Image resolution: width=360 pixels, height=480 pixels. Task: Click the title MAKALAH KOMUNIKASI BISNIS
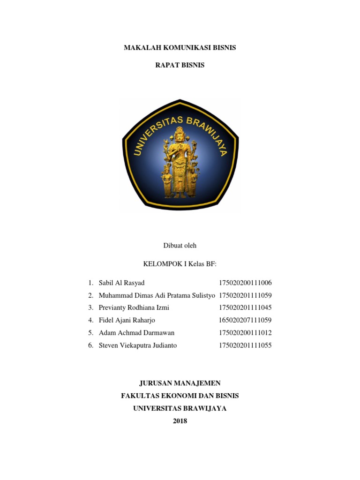[180, 47]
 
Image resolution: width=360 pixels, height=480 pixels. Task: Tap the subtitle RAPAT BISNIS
[180, 65]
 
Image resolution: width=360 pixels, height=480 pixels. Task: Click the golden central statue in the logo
[180, 159]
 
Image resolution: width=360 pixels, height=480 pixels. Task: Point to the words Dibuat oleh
[180, 246]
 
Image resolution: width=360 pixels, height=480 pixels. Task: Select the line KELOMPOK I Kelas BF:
[180, 264]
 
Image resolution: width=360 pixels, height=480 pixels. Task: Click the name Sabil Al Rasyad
[122, 283]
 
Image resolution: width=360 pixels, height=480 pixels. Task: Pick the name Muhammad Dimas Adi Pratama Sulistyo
[157, 295]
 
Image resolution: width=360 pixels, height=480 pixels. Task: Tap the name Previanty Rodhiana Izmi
[134, 308]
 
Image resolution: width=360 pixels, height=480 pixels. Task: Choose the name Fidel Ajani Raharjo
[127, 321]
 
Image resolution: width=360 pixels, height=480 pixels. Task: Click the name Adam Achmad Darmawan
[137, 333]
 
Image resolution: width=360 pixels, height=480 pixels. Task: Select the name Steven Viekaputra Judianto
[138, 345]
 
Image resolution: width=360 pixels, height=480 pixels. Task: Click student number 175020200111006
[245, 283]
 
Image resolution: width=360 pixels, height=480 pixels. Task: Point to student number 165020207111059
[245, 321]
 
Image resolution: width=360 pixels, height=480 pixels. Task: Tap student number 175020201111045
[245, 308]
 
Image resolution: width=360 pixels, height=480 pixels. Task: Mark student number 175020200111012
[245, 333]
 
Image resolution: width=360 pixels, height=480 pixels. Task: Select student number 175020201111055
[245, 345]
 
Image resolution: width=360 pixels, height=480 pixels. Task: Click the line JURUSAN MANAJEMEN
[180, 383]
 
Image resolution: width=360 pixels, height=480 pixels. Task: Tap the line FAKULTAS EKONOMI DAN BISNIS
[180, 396]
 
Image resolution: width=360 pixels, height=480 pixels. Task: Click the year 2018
[180, 421]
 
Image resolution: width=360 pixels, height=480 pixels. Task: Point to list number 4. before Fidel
[90, 321]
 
